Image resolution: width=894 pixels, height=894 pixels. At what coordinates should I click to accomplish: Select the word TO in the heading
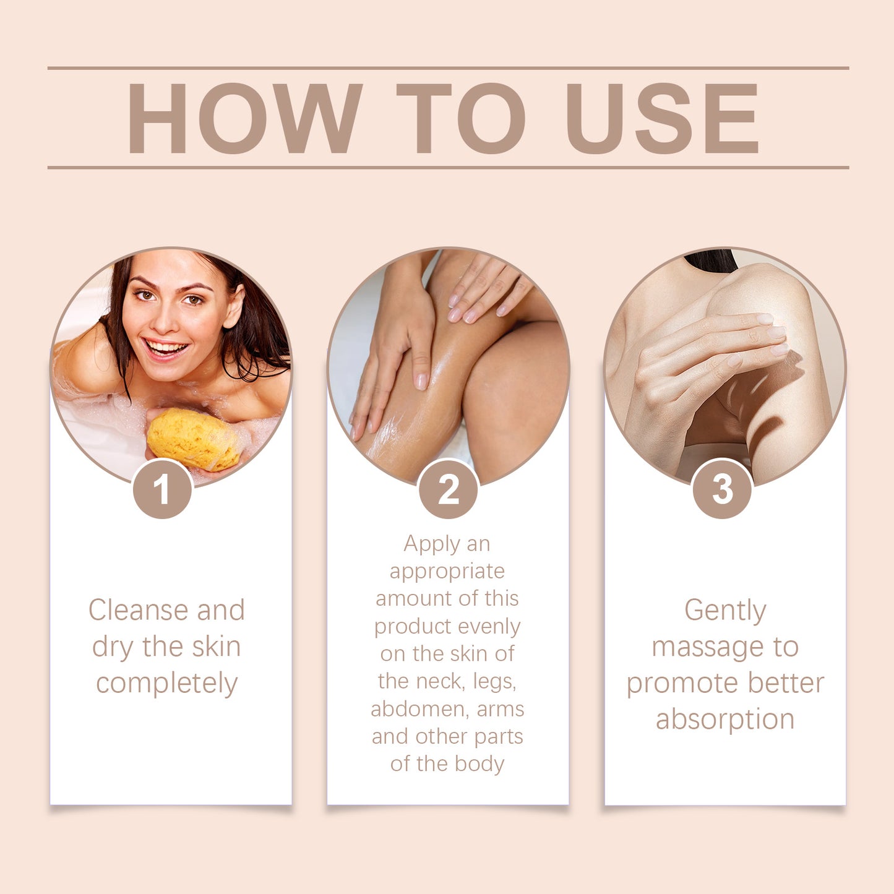coord(461,118)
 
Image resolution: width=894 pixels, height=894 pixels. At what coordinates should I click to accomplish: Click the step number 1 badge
coord(163,489)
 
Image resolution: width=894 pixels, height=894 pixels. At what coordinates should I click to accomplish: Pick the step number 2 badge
coord(448,489)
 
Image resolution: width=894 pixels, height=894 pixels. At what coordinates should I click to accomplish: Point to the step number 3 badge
coord(722,489)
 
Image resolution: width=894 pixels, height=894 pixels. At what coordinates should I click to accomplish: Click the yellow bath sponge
coord(193,439)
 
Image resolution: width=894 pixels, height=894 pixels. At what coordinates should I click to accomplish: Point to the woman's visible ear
coord(234,307)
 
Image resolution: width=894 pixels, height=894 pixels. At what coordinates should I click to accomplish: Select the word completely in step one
coord(166,683)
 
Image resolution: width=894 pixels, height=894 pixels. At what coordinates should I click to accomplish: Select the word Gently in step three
coord(724,611)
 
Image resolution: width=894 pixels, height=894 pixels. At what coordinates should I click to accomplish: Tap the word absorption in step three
coord(724,720)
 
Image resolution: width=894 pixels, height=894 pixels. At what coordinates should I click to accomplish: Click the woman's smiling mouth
coord(165,348)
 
